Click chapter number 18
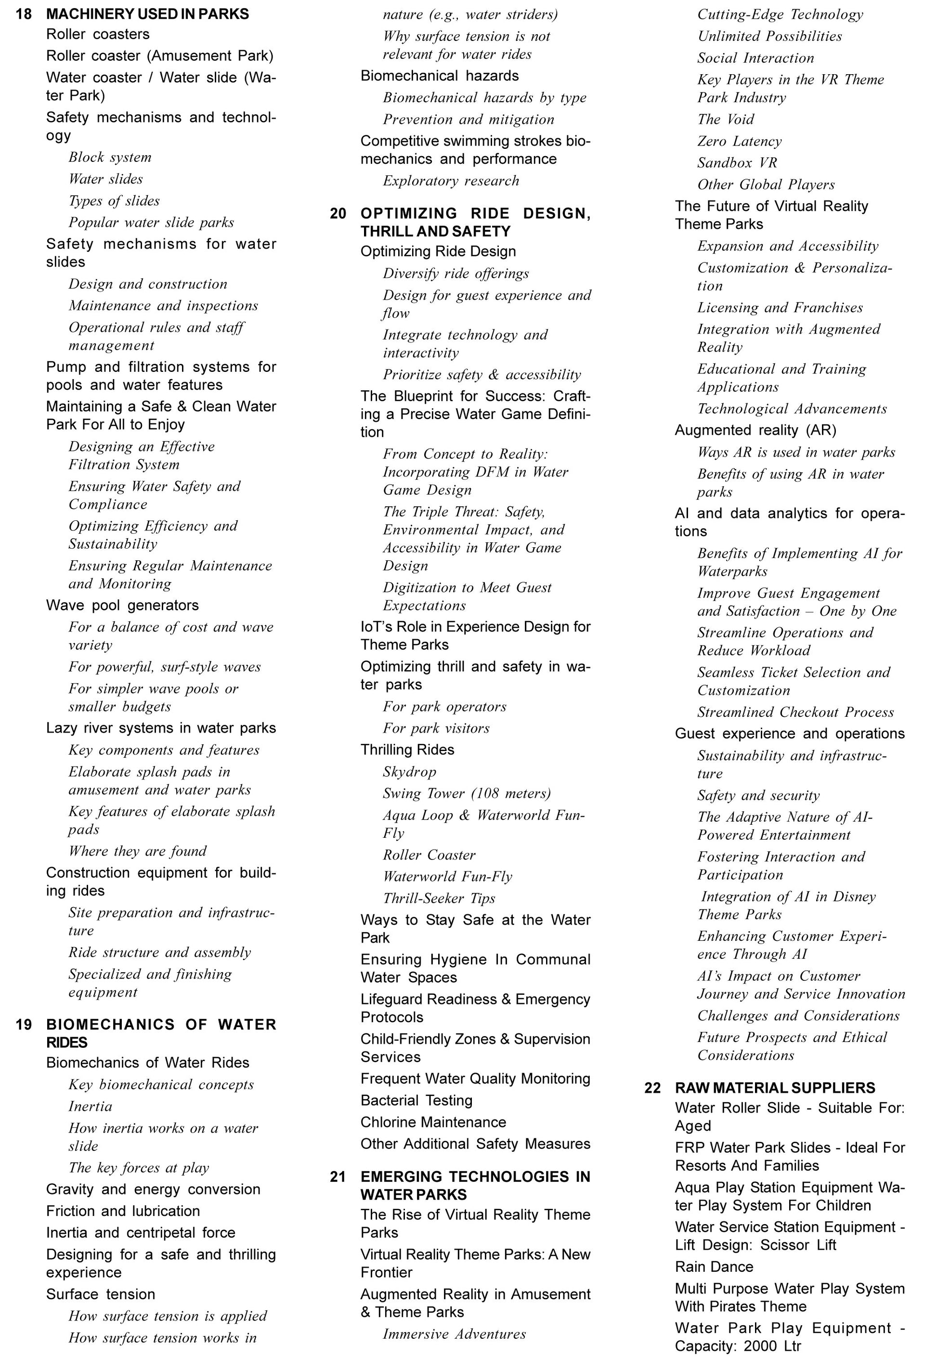pos(24,14)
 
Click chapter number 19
pos(24,1025)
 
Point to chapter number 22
pos(652,1088)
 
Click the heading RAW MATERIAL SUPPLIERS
pos(774,1088)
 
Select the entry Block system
pos(110,158)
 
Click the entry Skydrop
pos(409,772)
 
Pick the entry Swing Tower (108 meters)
pos(467,794)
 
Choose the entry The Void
pos(725,120)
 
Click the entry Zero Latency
pos(739,142)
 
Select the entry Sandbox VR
pos(737,163)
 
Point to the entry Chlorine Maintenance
pos(433,1122)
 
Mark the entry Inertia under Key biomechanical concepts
pos(90,1107)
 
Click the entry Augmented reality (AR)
pos(755,431)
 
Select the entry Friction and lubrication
pos(123,1211)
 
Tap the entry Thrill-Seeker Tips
pos(439,898)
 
